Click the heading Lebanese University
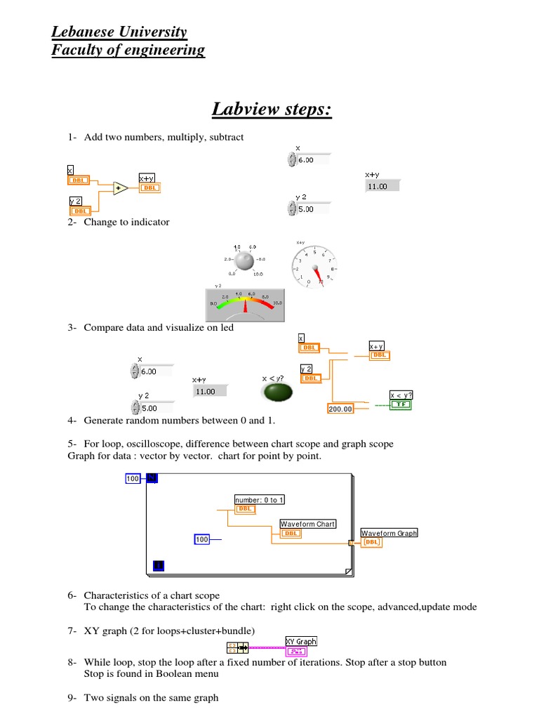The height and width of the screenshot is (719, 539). (x=119, y=32)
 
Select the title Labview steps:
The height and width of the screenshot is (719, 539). (x=272, y=110)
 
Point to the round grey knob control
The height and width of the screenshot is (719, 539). (x=244, y=261)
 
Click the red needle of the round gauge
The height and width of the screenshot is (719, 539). (x=319, y=275)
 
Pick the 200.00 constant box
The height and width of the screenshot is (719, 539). (x=340, y=408)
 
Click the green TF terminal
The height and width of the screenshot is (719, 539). (x=401, y=404)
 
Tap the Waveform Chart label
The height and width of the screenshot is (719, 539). (x=308, y=524)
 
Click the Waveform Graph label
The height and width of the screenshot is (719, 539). (x=389, y=533)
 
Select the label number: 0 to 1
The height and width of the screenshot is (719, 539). (x=260, y=500)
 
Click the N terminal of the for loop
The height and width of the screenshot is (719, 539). (x=150, y=478)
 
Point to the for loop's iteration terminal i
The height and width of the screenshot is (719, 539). (x=159, y=565)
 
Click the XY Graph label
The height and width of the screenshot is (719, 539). (x=301, y=641)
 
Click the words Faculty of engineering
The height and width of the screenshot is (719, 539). (x=128, y=50)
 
